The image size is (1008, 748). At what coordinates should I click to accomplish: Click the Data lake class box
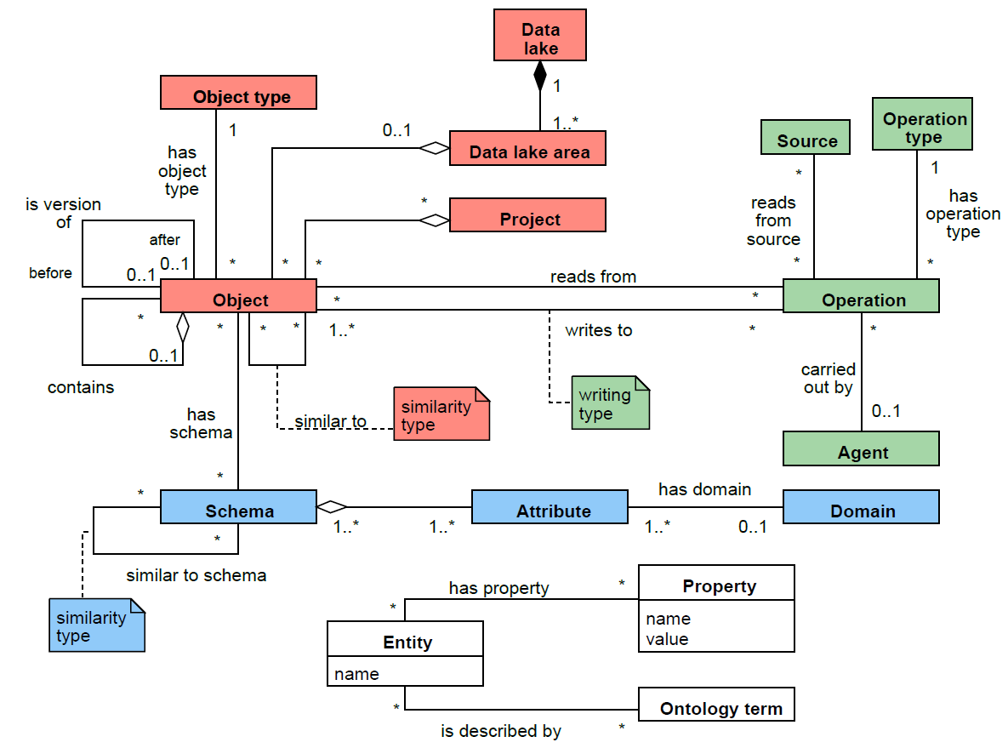(540, 35)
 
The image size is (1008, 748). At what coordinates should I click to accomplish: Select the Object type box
(238, 93)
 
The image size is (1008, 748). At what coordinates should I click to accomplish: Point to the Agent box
(860, 448)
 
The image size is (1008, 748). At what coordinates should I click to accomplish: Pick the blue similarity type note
(96, 625)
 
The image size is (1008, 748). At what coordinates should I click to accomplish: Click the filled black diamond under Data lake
(539, 77)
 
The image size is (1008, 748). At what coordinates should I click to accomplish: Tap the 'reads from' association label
(593, 277)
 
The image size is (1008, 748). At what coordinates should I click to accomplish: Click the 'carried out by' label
(828, 379)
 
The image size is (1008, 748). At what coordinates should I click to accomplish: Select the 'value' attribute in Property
(667, 639)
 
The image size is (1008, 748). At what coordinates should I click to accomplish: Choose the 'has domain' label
(703, 489)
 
